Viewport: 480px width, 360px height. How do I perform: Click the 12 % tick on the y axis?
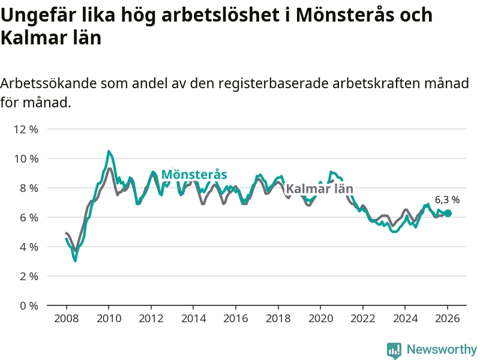point(26,129)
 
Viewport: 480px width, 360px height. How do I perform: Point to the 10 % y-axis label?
point(26,158)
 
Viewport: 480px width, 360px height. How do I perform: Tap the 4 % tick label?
point(28,247)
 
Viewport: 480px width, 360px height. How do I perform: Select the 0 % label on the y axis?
point(28,305)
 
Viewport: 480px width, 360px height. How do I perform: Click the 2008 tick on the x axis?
point(65,318)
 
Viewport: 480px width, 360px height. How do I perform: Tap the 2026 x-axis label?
point(448,318)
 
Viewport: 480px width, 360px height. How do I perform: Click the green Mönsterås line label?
point(194,175)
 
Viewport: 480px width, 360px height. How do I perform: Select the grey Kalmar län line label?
point(319,189)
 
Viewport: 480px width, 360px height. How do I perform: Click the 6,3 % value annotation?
point(447,200)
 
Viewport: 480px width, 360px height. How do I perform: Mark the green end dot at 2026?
point(448,213)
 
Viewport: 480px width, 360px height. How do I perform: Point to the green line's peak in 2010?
point(109,151)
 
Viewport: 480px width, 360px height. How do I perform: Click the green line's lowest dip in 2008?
point(75,260)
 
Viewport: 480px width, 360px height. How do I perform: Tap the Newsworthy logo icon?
point(394,350)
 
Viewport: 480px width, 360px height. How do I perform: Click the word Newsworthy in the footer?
point(442,349)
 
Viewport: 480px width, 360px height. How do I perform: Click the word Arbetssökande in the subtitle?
point(45,83)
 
